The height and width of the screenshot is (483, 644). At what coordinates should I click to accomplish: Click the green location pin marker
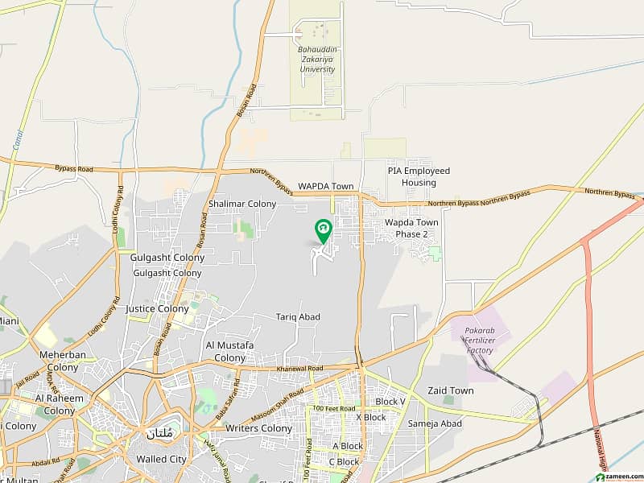tap(323, 231)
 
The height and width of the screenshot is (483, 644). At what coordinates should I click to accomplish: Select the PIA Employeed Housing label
tap(419, 177)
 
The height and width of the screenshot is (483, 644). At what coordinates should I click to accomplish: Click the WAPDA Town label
tap(326, 186)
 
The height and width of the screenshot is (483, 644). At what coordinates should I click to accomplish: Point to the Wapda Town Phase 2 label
tap(411, 228)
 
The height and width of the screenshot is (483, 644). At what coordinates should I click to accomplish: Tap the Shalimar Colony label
tap(242, 204)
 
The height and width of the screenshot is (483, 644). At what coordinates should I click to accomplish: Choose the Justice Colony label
tap(157, 308)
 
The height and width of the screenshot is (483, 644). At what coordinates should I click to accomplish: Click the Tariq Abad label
tap(298, 317)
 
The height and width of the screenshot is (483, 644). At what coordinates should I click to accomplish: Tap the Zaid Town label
tap(451, 390)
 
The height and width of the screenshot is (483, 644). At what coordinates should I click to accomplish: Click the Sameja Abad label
tap(435, 423)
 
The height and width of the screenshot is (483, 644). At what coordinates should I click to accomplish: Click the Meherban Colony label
tap(59, 361)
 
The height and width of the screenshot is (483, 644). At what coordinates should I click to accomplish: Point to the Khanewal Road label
tap(301, 368)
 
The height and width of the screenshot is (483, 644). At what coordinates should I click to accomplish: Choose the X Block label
tap(370, 418)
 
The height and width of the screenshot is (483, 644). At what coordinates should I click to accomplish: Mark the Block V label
tap(390, 401)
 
